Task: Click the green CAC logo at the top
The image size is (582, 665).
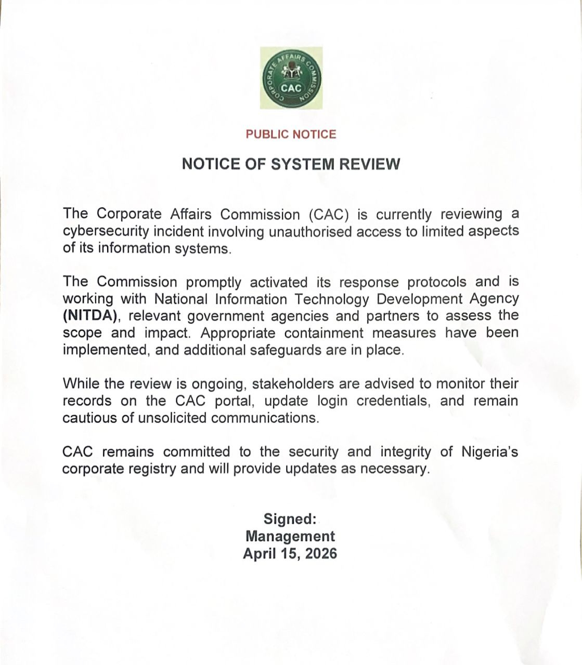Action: pos(291,78)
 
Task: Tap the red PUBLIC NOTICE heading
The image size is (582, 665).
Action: pos(291,135)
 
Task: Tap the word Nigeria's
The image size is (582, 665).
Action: pos(489,452)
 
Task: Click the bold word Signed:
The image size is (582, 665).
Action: pos(290,519)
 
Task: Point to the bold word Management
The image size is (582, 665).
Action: pos(290,536)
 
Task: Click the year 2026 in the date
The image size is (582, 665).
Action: pos(321,554)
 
